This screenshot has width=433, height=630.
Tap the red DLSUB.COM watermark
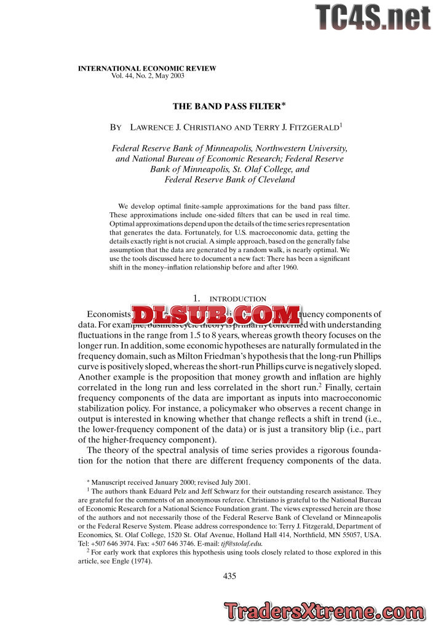(x=215, y=314)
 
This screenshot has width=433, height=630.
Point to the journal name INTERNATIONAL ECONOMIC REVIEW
(x=147, y=68)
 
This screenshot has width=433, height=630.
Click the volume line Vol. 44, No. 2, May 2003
(x=148, y=76)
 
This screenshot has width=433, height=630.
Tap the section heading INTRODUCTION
(x=238, y=299)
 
